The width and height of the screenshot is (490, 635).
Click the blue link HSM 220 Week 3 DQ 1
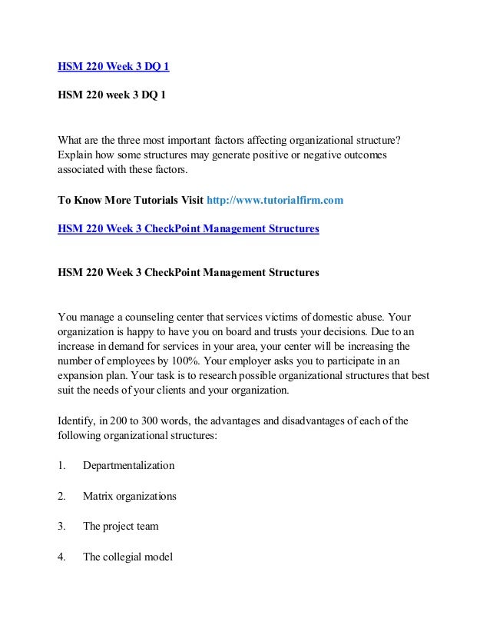114,67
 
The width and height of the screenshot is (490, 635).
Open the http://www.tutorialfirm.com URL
275,200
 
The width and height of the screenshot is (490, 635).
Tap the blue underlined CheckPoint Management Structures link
188,228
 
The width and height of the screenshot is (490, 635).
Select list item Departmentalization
128,465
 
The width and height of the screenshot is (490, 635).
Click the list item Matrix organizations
129,496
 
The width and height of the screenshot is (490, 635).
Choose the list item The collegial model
127,557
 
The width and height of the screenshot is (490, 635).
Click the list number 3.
61,527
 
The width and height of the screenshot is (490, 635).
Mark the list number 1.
61,465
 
